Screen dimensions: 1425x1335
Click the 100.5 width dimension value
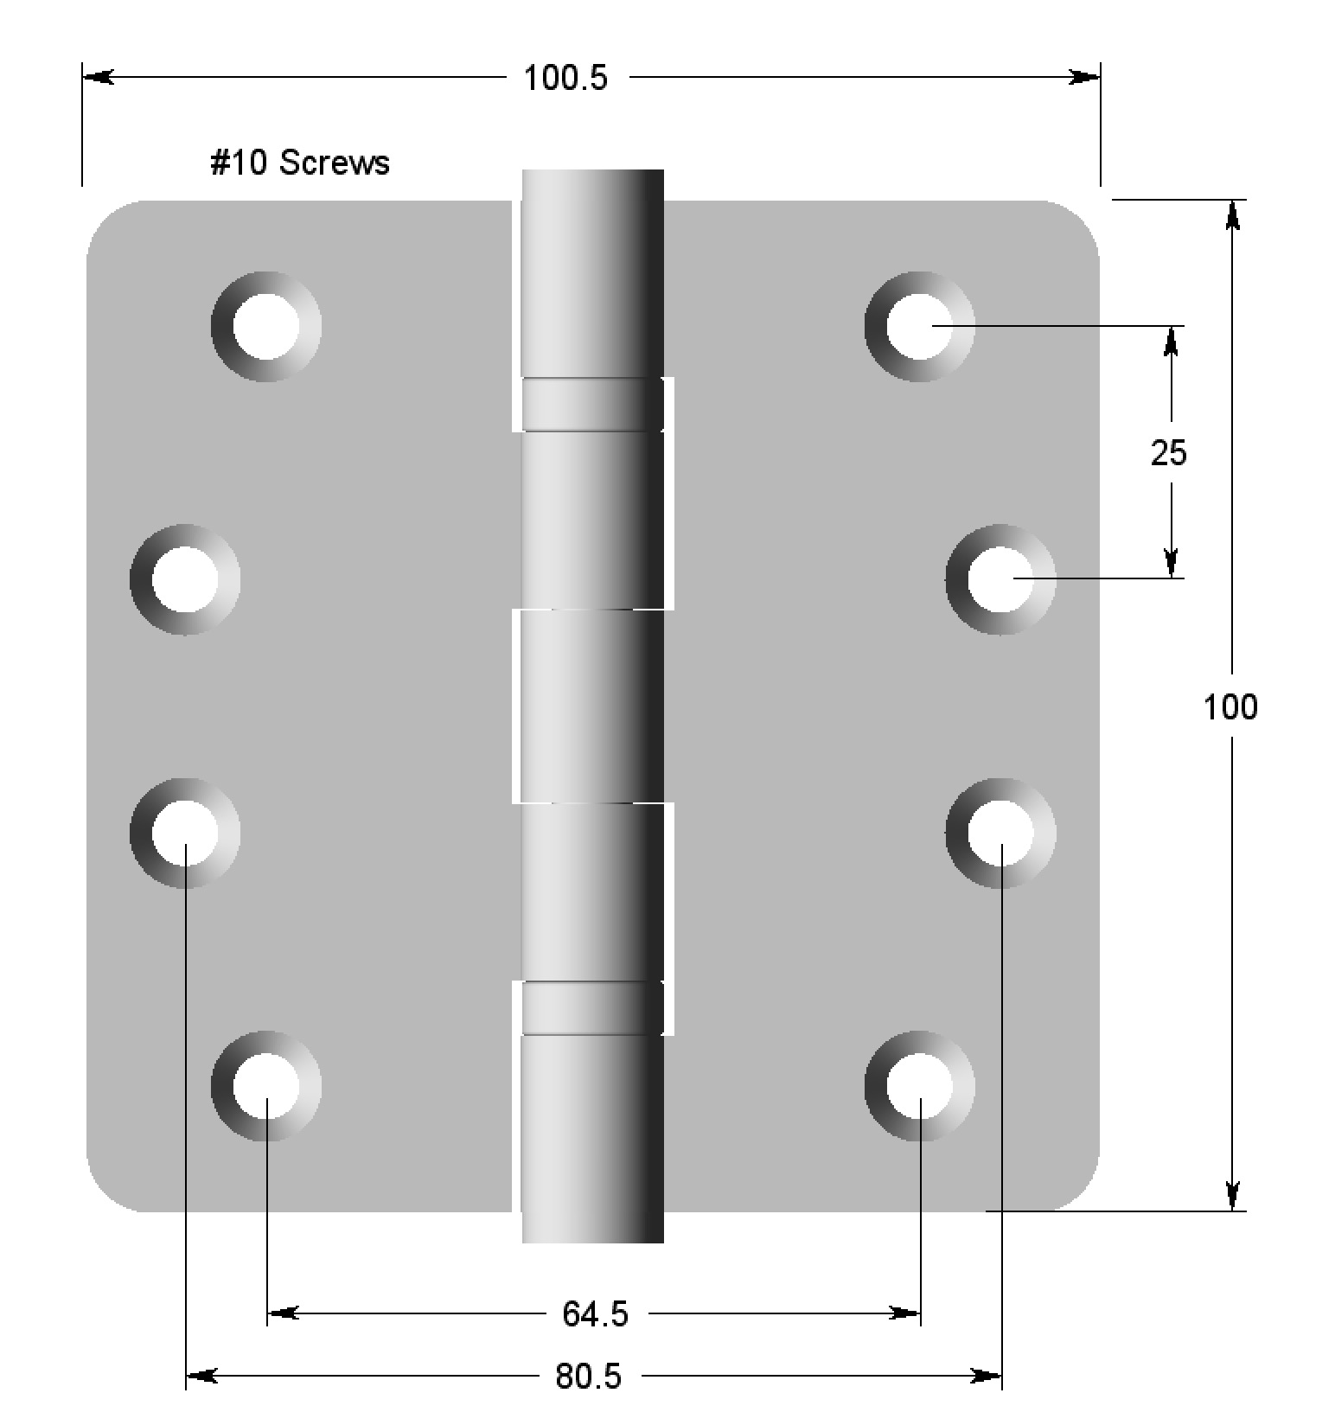coord(565,79)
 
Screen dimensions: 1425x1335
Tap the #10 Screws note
coord(300,163)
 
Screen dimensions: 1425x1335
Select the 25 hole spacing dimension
coord(1168,452)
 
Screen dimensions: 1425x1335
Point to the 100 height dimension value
coord(1230,707)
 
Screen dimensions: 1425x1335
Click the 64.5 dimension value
coord(595,1314)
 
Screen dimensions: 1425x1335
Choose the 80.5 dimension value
coord(588,1376)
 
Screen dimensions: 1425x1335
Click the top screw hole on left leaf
coord(266,326)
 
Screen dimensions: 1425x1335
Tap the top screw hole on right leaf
coord(919,326)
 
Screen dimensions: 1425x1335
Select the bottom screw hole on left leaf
coord(266,1086)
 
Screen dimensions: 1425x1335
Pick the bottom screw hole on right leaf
coord(919,1086)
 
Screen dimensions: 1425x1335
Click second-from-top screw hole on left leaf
coord(185,578)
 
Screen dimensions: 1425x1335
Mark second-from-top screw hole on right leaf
coord(1000,578)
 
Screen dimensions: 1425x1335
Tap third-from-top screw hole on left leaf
coord(185,833)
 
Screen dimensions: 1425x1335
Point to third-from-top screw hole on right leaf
coord(1000,833)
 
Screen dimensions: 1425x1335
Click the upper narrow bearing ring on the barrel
coord(592,404)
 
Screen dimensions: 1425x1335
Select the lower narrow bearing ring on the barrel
coord(592,1007)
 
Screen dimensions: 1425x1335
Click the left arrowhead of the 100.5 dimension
coord(98,78)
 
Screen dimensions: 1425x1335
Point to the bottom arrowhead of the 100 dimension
coord(1232,1195)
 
